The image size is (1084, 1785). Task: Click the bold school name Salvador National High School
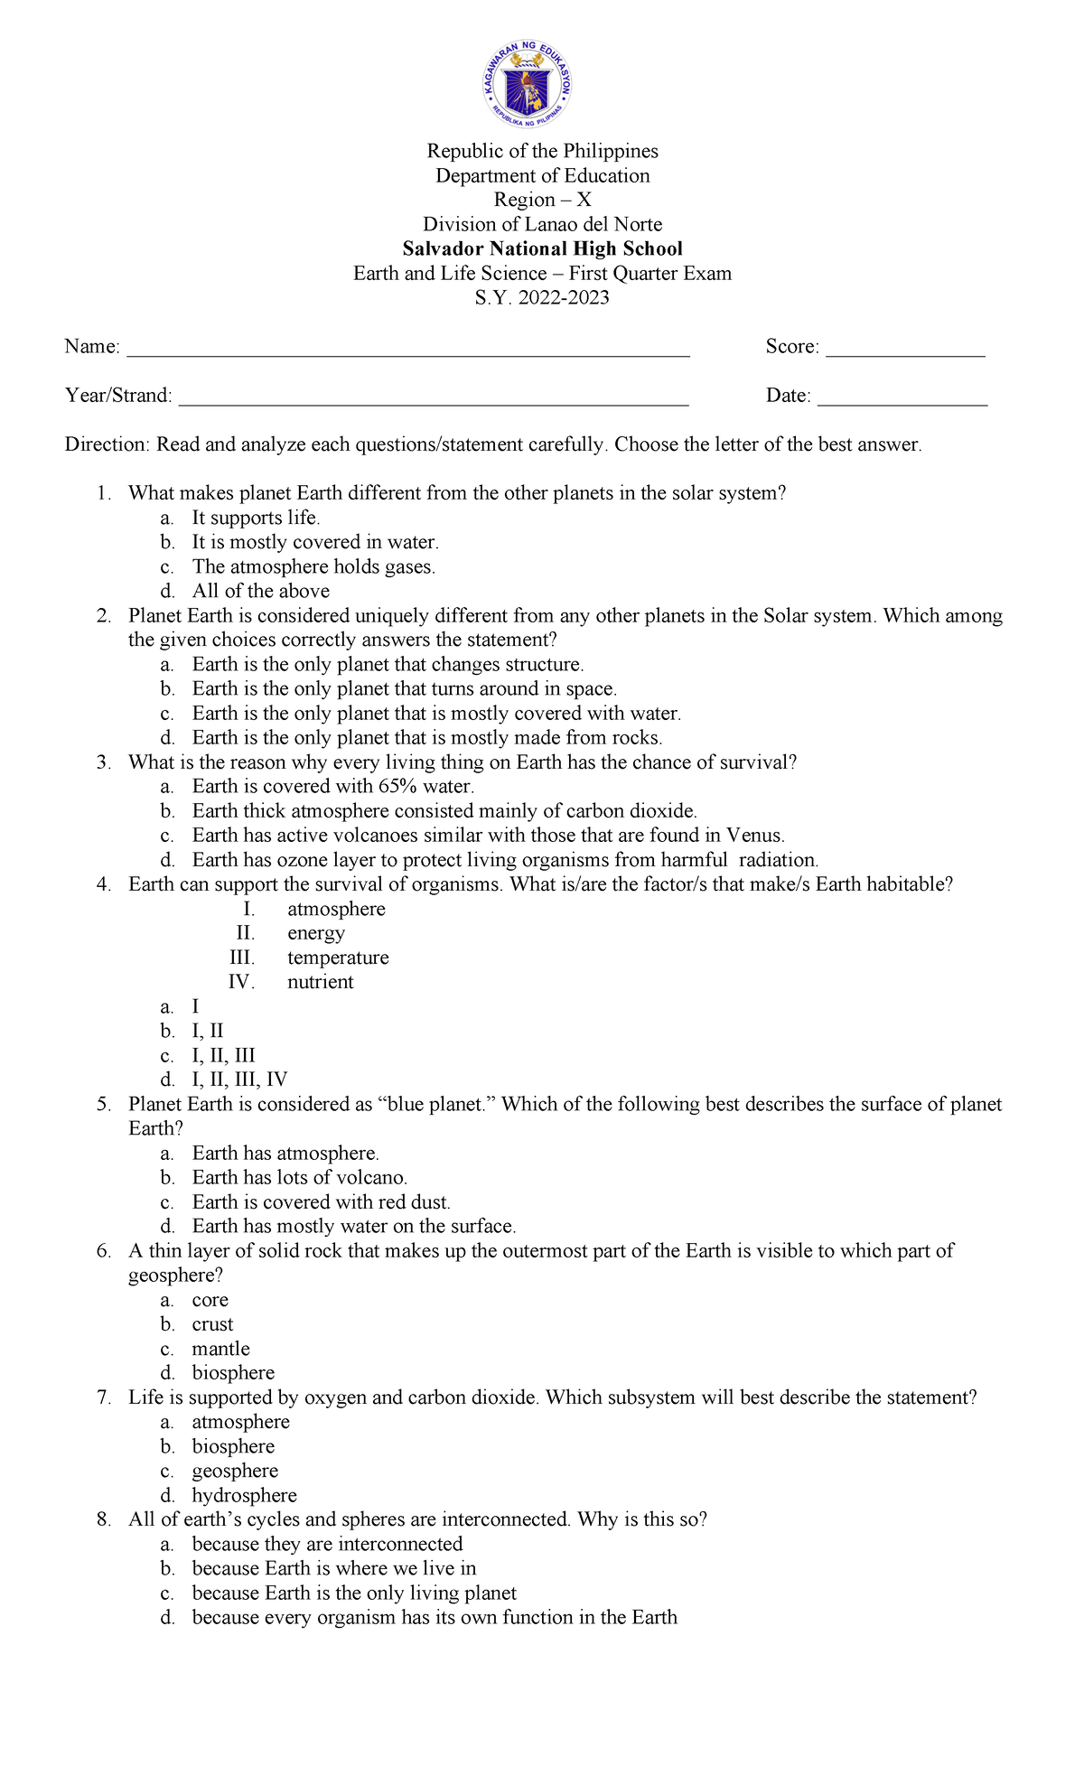(542, 248)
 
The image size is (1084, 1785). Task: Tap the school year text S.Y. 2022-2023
(542, 297)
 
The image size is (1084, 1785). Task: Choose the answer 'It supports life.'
(256, 518)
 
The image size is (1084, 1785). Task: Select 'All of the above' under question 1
(260, 591)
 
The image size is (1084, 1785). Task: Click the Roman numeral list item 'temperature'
(338, 958)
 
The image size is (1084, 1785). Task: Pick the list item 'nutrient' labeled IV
(320, 982)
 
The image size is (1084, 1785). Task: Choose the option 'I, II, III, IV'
(239, 1079)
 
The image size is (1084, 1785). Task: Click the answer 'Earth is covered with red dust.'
(321, 1201)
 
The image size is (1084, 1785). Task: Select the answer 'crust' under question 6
(212, 1324)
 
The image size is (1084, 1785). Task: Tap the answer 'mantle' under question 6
(220, 1349)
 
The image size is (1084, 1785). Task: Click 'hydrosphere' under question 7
(244, 1495)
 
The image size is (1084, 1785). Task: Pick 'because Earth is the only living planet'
(354, 1593)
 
